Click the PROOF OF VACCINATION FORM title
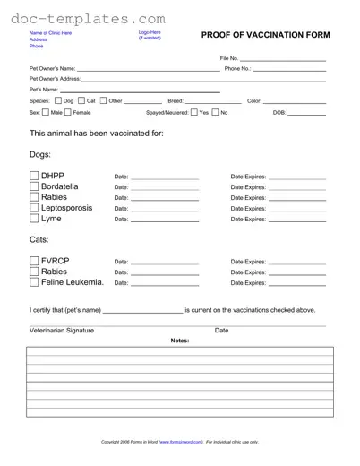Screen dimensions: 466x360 pos(266,35)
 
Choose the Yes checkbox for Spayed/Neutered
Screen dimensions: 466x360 pos(193,113)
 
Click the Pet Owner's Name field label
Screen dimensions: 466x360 pos(52,68)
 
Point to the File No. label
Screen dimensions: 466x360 pos(229,58)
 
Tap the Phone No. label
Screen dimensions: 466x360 pos(236,68)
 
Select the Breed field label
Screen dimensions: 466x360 pos(176,101)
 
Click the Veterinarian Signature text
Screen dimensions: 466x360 pos(61,331)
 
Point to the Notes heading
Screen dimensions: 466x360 pos(179,341)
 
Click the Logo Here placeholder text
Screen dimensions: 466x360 pos(150,32)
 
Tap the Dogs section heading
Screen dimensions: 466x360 pos(42,154)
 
